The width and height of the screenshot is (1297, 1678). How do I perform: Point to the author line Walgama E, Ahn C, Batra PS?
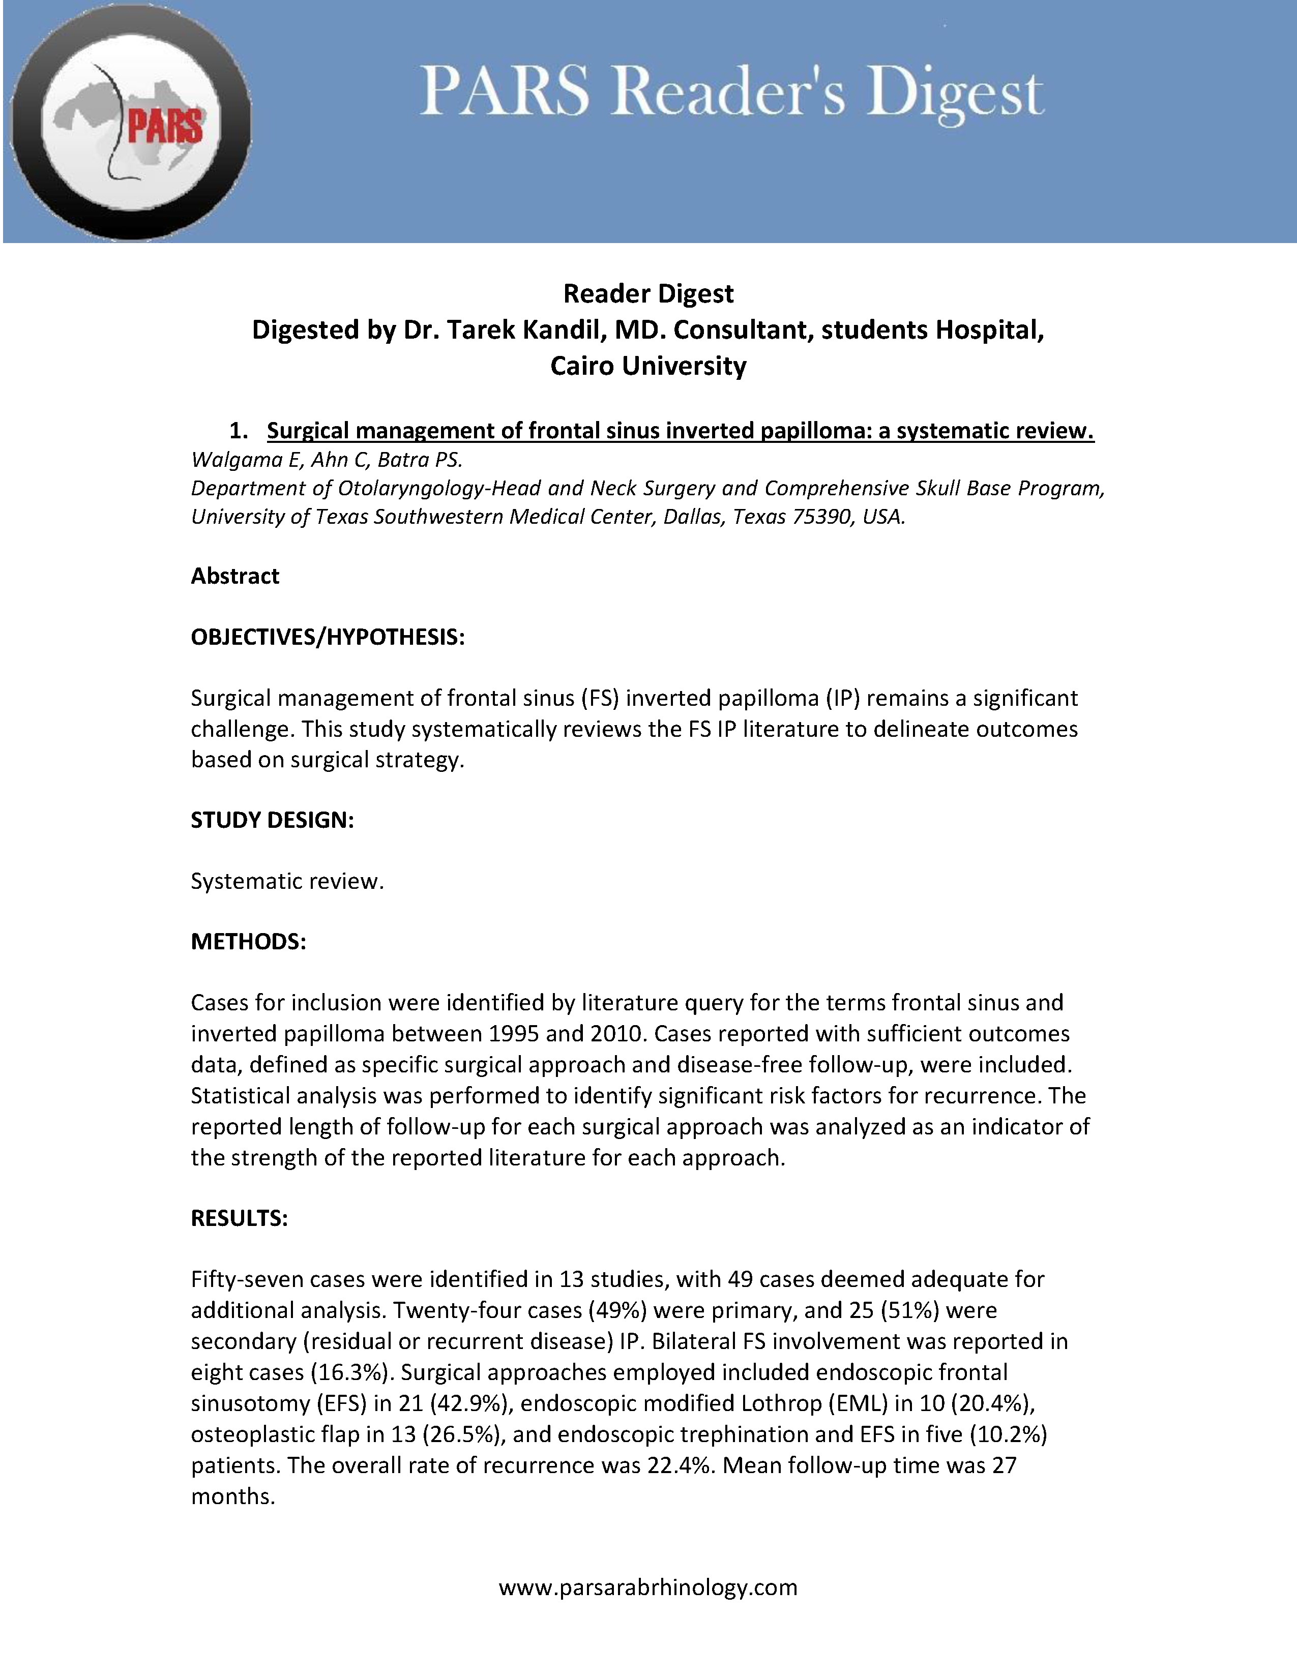click(327, 460)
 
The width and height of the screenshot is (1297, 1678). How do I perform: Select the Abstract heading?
click(235, 576)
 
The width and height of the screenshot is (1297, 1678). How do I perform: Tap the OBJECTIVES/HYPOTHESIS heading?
click(328, 637)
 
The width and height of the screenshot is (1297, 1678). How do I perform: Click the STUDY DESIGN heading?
click(272, 820)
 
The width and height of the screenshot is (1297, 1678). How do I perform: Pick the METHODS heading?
click(248, 941)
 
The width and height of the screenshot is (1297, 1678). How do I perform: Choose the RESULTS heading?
click(239, 1218)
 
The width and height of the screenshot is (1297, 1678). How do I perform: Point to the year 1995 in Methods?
click(516, 1033)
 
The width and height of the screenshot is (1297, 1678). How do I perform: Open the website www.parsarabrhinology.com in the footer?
click(647, 1586)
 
